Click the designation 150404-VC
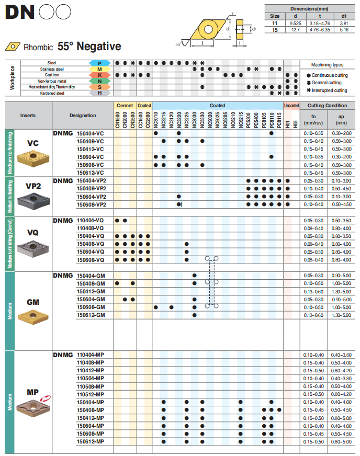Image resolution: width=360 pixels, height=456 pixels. (x=91, y=133)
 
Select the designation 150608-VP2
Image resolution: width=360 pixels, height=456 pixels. (x=92, y=203)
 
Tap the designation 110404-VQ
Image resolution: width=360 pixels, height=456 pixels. (x=91, y=221)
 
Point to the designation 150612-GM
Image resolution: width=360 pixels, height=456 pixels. (x=91, y=315)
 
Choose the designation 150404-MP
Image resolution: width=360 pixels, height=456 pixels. (x=91, y=402)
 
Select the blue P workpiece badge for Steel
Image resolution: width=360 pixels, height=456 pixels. (x=99, y=63)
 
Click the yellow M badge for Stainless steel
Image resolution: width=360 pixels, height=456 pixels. (x=99, y=69)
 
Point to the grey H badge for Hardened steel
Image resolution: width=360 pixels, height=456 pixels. (x=99, y=93)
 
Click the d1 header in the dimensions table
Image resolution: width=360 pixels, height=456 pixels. (x=344, y=16)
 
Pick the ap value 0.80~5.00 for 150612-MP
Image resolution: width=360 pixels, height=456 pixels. (x=341, y=442)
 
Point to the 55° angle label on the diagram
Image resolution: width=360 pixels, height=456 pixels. (x=178, y=45)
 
